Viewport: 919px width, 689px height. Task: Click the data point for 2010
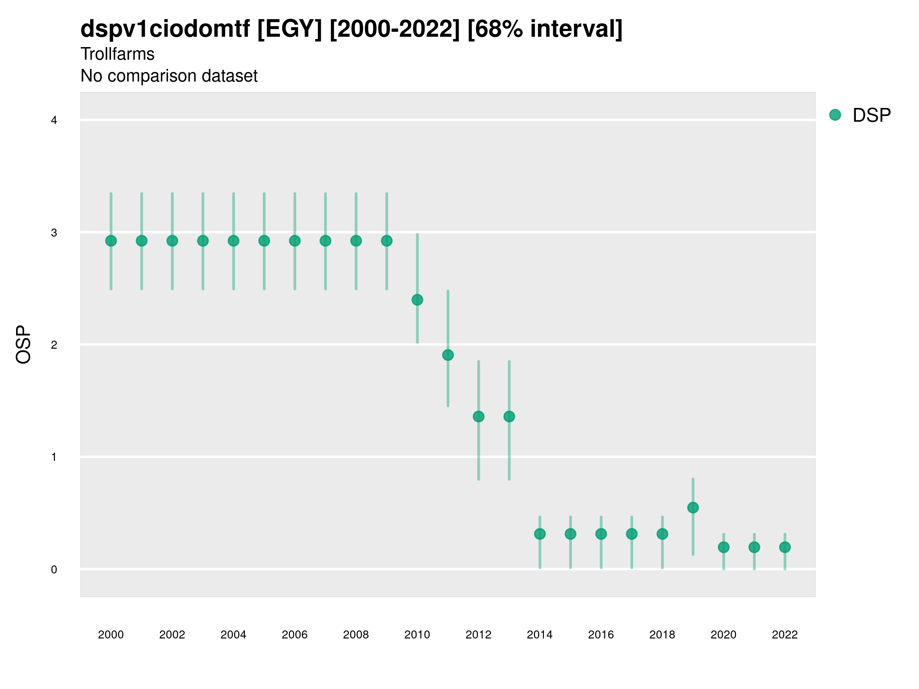pos(417,300)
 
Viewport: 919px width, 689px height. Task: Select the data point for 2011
pos(448,355)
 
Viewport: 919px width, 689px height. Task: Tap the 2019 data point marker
pos(693,508)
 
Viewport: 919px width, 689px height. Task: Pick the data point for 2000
pos(111,241)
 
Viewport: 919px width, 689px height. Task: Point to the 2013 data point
pos(509,416)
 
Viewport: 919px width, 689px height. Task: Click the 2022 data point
pos(785,547)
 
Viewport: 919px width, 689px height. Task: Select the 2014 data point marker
pos(540,534)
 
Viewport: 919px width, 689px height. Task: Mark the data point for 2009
pos(386,241)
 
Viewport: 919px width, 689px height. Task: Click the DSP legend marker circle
pos(835,115)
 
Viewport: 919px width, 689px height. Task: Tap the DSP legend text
pos(872,116)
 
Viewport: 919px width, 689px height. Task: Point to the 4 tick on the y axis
pos(54,121)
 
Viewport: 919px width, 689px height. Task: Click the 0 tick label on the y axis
pos(54,570)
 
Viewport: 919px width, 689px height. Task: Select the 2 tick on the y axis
pos(54,345)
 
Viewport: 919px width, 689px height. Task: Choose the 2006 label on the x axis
pos(294,635)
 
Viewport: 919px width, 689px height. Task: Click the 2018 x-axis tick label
pos(662,635)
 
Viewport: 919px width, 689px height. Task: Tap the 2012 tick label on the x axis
pos(478,635)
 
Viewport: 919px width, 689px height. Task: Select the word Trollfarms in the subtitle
pos(118,54)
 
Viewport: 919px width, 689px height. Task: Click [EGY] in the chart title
pos(289,29)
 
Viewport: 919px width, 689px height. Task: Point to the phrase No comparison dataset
pos(169,76)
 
